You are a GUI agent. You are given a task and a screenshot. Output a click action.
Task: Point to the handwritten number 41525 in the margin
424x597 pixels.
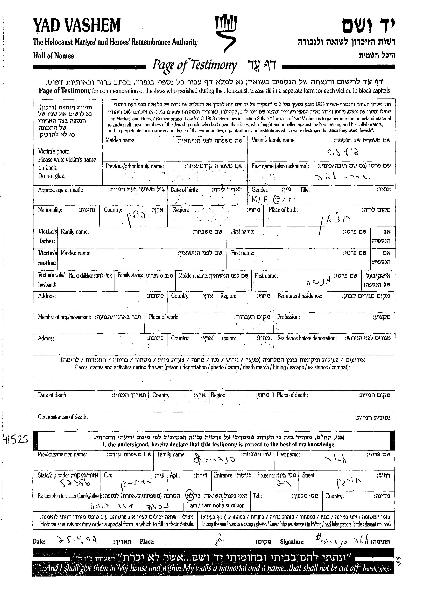click(x=15, y=440)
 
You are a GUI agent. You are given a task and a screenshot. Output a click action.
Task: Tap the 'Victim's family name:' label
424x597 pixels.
click(x=273, y=140)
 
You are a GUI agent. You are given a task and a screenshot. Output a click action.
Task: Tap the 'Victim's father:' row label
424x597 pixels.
click(x=47, y=236)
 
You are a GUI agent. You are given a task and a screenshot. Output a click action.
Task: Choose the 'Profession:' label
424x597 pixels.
click(x=288, y=317)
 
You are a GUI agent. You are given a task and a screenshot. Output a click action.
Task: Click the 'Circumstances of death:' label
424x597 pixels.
click(x=63, y=417)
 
